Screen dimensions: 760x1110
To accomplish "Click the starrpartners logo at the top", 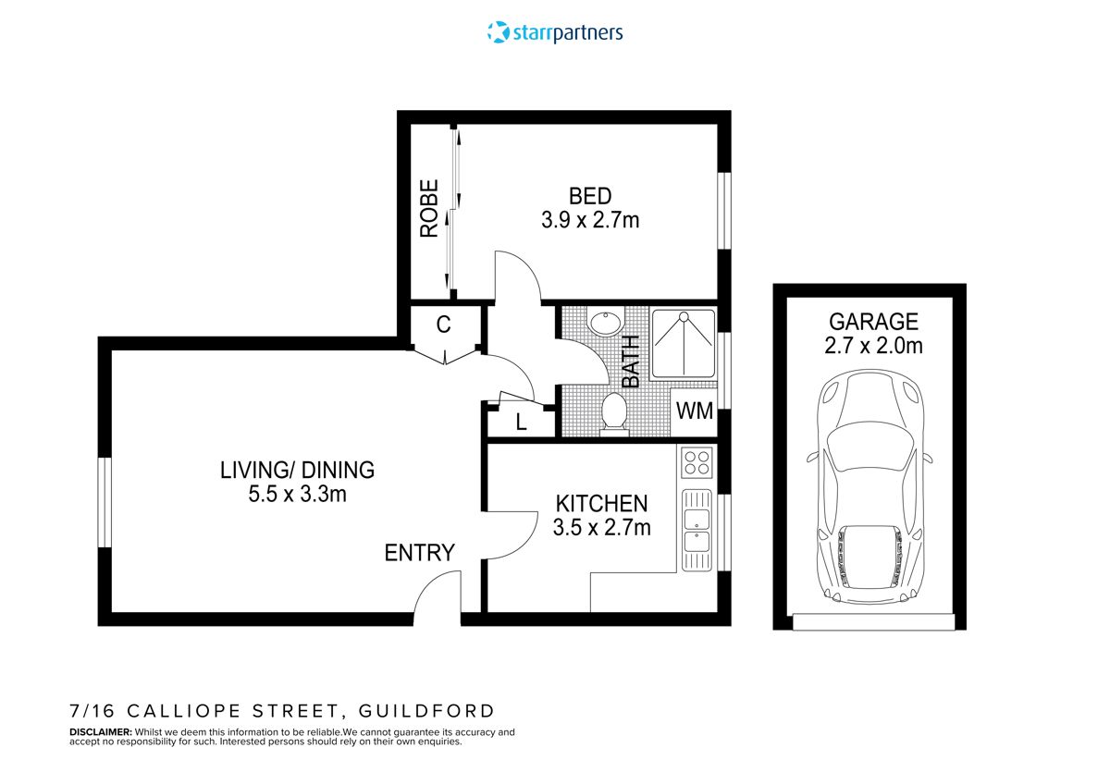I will [x=555, y=32].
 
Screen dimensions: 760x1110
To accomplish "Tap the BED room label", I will [x=590, y=196].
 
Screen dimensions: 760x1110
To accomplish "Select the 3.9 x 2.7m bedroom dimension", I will [x=590, y=221].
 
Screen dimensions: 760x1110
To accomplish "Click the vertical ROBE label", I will [x=429, y=209].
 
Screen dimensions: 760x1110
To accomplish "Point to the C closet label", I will [x=443, y=325].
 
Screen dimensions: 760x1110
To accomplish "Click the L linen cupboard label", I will [x=521, y=423].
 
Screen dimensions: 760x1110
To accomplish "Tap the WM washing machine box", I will [x=695, y=411].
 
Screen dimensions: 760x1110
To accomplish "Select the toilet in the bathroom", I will [x=614, y=413].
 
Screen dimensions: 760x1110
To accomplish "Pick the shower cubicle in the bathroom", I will [x=684, y=344].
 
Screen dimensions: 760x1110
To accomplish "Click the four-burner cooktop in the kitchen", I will [x=695, y=461].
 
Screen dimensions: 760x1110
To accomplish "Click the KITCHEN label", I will [x=601, y=504].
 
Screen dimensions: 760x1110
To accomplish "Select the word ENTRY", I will [x=420, y=553].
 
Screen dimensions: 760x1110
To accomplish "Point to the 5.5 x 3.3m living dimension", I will [x=297, y=495].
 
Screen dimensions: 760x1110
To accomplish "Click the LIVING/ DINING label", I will [x=297, y=470].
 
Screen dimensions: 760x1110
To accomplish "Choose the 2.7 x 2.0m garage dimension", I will [x=873, y=347].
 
